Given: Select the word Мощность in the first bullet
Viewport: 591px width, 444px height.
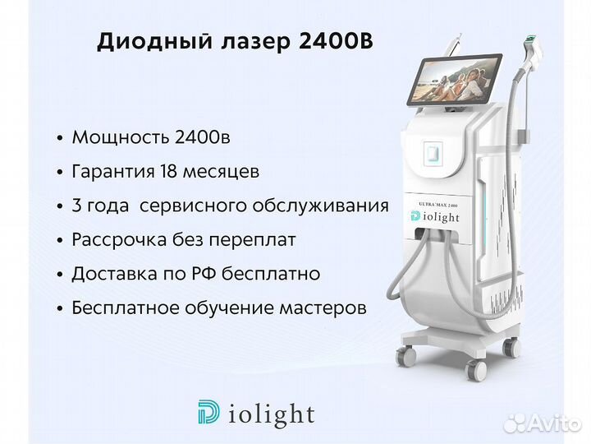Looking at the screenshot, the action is pyautogui.click(x=120, y=137).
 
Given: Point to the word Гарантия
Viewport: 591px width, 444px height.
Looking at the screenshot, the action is pyautogui.click(x=113, y=172).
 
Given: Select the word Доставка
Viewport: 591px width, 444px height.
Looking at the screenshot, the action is pyautogui.click(x=115, y=274).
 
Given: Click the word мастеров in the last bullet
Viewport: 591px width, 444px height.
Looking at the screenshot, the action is pyautogui.click(x=323, y=308).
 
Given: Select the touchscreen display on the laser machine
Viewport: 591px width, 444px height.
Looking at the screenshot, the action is pyautogui.click(x=455, y=79).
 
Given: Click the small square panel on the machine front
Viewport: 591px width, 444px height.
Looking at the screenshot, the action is pyautogui.click(x=433, y=153).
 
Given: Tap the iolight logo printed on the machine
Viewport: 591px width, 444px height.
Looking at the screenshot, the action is pyautogui.click(x=435, y=217).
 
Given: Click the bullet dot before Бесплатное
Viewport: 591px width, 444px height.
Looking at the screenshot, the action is pyautogui.click(x=60, y=308).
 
